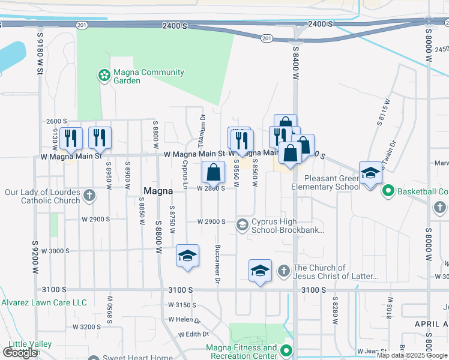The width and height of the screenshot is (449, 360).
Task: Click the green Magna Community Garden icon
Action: tap(104, 76)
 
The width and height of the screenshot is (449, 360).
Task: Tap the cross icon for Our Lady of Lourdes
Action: tap(89, 195)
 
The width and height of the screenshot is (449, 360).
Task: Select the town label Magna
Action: tap(158, 191)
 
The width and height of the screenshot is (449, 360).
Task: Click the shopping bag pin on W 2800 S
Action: tap(213, 173)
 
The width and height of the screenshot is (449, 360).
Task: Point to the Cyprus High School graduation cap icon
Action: tap(243, 225)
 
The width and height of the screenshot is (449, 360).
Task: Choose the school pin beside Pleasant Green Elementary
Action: tap(370, 173)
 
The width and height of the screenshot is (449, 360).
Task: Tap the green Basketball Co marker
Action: tap(388, 191)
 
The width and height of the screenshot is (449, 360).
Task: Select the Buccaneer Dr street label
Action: tap(217, 263)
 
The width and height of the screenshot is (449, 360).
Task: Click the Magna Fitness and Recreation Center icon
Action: tap(287, 351)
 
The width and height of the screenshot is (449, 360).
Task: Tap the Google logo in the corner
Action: tap(20, 352)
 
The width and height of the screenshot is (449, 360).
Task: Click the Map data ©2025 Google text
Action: tap(412, 355)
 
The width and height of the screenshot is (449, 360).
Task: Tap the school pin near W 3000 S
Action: tap(188, 256)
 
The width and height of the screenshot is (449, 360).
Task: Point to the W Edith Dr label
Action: tap(193, 334)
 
